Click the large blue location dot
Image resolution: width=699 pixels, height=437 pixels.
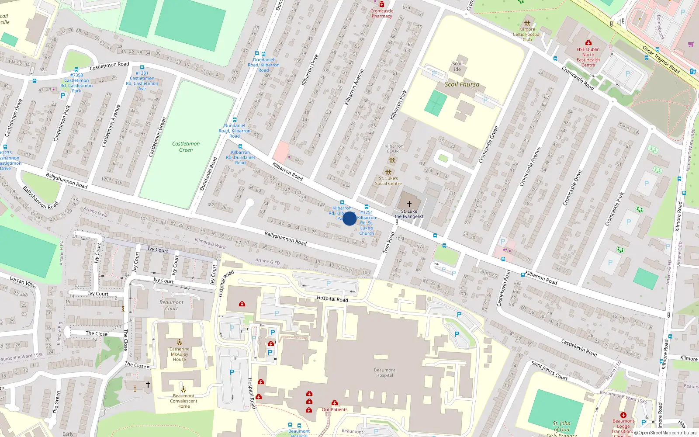click(x=349, y=218)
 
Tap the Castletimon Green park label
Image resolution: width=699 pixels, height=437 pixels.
click(x=186, y=147)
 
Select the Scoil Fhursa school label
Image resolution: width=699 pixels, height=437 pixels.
click(x=462, y=84)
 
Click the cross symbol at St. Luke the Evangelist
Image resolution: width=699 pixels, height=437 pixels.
click(x=409, y=204)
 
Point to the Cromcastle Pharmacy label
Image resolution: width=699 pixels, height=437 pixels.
click(x=382, y=14)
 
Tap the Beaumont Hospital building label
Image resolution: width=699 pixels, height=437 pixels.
click(x=384, y=373)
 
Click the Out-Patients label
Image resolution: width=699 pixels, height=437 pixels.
click(x=335, y=409)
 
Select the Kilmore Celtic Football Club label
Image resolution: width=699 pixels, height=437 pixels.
click(x=527, y=34)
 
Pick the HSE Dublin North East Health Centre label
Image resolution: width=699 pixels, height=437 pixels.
click(x=588, y=57)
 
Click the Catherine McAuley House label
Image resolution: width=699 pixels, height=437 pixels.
click(x=179, y=354)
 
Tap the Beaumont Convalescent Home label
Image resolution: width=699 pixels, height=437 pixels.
click(x=183, y=401)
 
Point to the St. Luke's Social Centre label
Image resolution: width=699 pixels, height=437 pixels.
click(x=388, y=181)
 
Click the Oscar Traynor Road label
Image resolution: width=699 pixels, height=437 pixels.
click(x=661, y=59)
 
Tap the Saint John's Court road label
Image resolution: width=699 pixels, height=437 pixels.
click(x=549, y=371)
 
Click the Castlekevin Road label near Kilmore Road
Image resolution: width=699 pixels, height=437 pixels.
click(x=579, y=348)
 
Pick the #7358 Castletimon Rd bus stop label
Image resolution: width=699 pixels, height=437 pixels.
click(x=76, y=83)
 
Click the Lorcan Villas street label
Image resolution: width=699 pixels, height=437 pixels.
click(x=23, y=282)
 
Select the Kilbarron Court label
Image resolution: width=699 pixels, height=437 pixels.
click(x=394, y=149)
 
